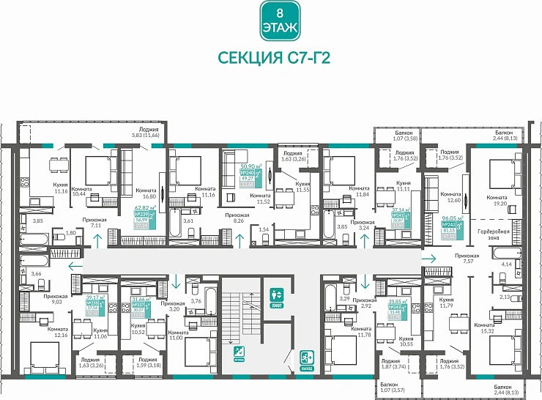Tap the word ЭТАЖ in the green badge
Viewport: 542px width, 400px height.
pyautogui.click(x=278, y=28)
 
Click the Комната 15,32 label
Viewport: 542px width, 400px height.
pyautogui.click(x=485, y=328)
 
